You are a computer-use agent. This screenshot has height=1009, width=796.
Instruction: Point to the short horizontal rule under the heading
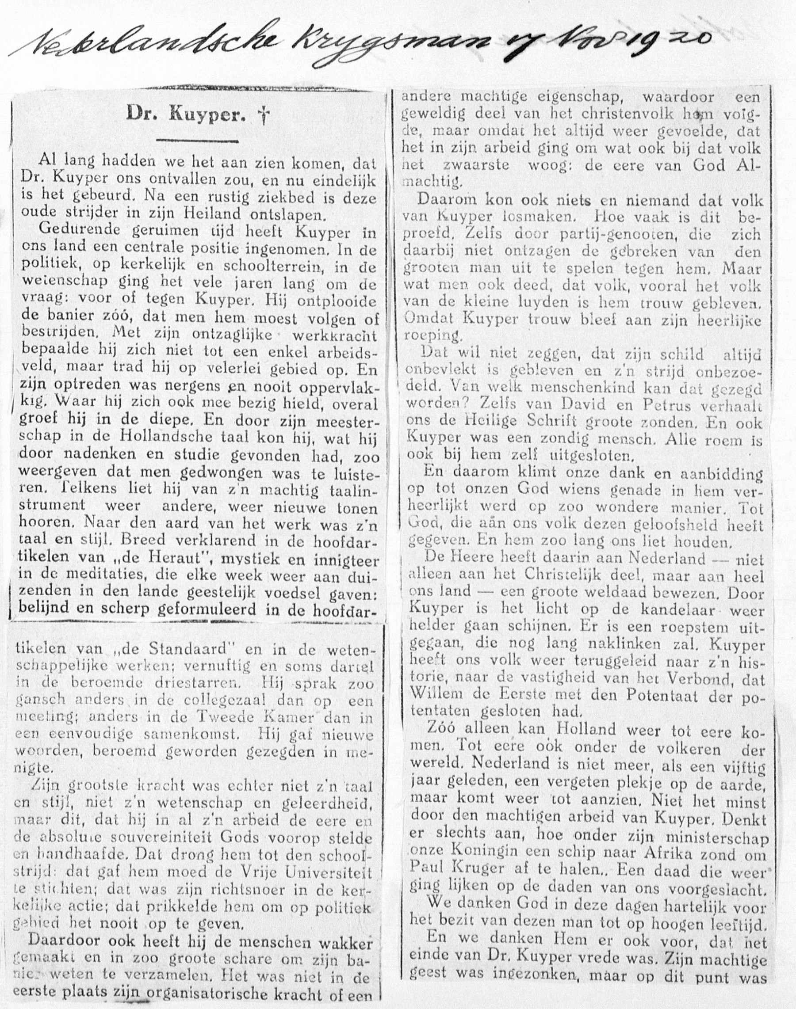tap(198, 139)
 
